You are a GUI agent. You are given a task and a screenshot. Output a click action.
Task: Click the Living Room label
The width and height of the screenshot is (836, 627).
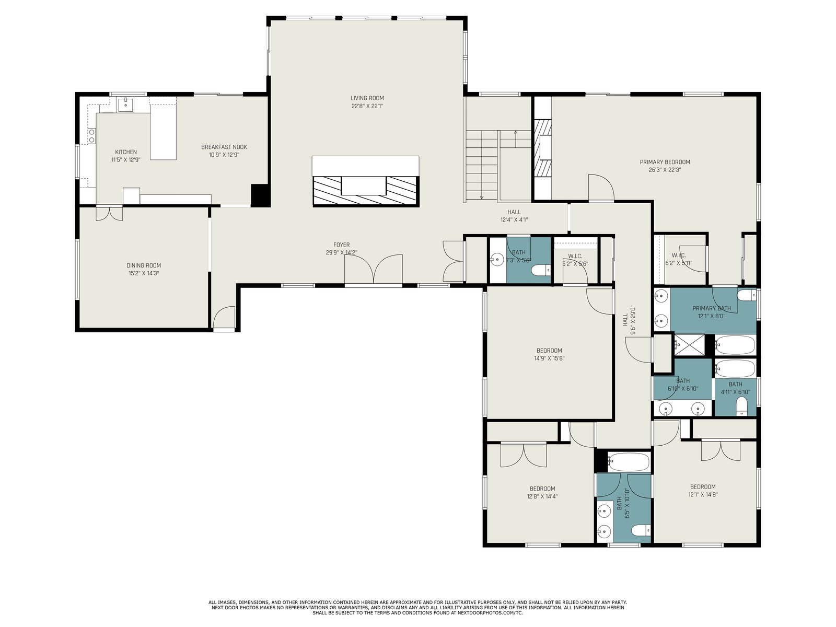[x=367, y=98]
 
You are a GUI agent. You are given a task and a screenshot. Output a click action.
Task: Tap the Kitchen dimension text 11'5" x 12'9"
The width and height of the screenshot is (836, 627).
[x=126, y=160]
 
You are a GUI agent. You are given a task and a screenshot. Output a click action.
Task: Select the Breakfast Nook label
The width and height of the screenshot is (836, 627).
[x=224, y=147]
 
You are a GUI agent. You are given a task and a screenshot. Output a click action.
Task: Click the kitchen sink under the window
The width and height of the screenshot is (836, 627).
[x=125, y=104]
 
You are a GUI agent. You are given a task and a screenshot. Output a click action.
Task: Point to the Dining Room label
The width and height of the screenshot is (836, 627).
[x=144, y=265]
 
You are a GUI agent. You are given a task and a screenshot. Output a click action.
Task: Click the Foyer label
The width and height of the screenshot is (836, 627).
[x=341, y=245]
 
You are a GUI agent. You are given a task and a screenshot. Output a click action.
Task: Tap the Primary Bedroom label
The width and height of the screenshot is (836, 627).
[x=665, y=162]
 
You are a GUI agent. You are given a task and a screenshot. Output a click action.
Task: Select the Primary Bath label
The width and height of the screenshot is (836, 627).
[x=712, y=308]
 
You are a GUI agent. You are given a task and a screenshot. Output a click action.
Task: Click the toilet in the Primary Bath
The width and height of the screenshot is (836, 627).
[x=747, y=295]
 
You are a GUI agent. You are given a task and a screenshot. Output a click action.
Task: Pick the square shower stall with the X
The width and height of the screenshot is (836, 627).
[x=689, y=345]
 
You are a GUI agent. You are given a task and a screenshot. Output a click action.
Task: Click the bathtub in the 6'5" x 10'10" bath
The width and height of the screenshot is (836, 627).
[x=628, y=462]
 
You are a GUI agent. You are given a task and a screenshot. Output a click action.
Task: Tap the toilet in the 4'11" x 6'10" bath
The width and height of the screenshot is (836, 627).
[x=741, y=406]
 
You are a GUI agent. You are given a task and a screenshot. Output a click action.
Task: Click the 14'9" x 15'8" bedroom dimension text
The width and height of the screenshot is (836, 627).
[x=549, y=358]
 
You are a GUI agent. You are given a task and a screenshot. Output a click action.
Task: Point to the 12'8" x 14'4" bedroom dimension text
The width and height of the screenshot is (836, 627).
[x=542, y=496]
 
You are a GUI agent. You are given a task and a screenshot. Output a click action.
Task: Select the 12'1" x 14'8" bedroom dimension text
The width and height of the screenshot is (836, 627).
[x=703, y=494]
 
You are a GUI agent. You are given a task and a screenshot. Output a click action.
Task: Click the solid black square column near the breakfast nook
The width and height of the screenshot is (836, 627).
[x=260, y=195]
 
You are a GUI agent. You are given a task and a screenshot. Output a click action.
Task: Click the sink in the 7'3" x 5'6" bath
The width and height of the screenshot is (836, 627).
[x=497, y=260]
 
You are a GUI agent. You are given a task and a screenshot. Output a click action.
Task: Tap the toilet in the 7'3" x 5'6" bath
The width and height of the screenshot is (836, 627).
[x=541, y=270]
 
